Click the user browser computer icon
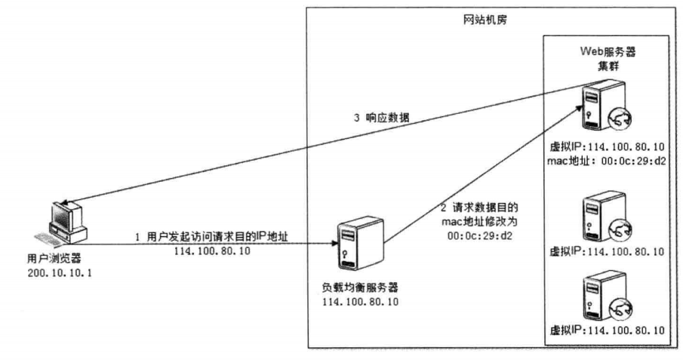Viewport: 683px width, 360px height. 66,222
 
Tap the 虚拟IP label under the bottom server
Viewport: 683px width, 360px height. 608,331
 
